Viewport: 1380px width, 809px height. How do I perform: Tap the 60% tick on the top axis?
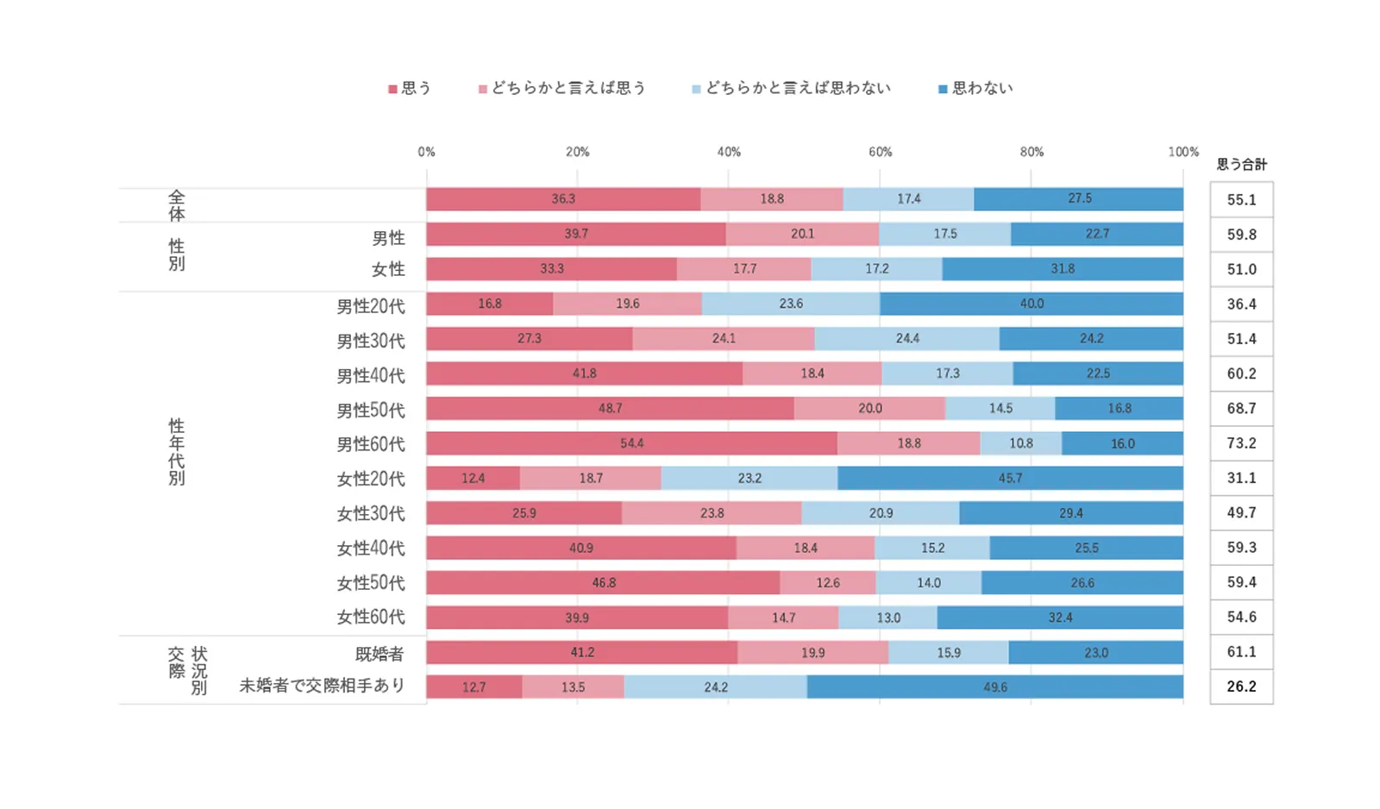point(880,152)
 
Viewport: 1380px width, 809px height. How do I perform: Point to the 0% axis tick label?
point(426,152)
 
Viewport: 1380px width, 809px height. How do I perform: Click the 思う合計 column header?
point(1241,164)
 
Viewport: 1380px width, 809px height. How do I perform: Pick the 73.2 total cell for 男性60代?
point(1241,443)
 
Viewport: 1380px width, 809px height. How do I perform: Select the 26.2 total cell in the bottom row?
point(1241,687)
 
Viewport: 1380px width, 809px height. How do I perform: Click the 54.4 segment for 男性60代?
point(631,443)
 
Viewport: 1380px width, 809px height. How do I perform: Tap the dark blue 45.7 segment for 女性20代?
point(1010,478)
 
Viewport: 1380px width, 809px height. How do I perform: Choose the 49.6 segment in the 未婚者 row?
point(994,687)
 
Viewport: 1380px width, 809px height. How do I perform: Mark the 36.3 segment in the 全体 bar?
point(563,199)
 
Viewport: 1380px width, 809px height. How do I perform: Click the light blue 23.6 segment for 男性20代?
point(791,304)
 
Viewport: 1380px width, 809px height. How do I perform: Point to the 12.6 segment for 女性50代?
point(828,583)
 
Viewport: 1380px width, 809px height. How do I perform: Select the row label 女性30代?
point(370,514)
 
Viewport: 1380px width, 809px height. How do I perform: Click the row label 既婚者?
point(379,654)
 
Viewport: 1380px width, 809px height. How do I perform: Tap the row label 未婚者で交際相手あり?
point(322,687)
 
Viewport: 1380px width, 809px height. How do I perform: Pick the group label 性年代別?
point(177,452)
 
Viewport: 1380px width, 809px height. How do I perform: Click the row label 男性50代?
point(370,411)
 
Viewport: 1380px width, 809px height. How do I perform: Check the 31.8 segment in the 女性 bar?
point(1063,269)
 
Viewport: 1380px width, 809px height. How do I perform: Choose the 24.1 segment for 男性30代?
point(724,339)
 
